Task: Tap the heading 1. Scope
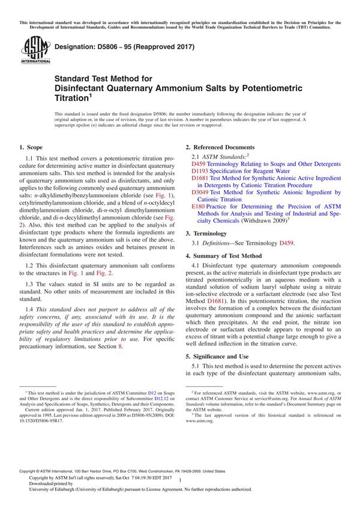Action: [31, 147]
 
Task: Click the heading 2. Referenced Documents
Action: [220, 147]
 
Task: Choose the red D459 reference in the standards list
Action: [199, 163]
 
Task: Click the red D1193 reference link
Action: [200, 170]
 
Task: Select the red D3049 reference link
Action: [200, 193]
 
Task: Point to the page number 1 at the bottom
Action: [180, 497]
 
